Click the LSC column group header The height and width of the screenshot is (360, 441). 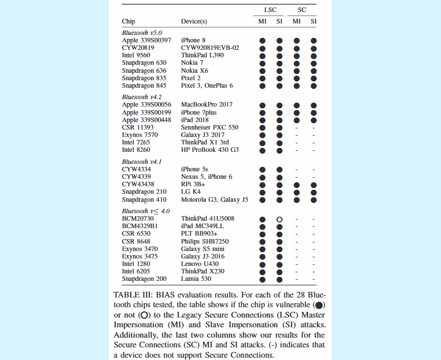[270, 10]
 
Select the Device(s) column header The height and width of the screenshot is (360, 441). [194, 22]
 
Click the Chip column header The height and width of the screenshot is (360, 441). [128, 22]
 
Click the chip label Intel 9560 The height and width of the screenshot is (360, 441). [136, 56]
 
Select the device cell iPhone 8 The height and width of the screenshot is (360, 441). [193, 41]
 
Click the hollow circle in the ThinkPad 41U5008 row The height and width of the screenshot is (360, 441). [279, 219]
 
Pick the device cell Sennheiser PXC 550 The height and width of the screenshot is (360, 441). [210, 127]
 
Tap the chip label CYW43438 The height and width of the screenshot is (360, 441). [139, 185]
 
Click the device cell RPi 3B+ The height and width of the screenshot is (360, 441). [194, 185]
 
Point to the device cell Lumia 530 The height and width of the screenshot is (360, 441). [196, 279]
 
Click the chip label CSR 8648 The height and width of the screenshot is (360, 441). [136, 241]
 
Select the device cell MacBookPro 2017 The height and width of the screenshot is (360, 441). [207, 105]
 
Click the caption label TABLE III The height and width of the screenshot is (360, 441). [133, 294]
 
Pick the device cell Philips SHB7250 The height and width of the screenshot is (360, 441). [204, 241]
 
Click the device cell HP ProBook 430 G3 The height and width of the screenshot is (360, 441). [210, 150]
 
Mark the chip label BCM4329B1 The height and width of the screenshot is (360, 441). [139, 226]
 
